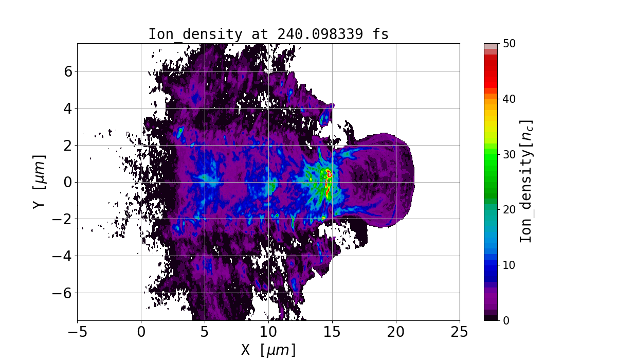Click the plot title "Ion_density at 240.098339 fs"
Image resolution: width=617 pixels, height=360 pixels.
268,34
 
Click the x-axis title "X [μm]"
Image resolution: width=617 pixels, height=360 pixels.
268,350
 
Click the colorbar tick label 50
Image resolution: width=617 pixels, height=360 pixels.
509,44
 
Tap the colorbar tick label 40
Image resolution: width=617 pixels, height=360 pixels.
509,99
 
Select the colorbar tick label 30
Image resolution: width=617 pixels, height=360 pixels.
509,154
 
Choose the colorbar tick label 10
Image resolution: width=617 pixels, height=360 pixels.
509,265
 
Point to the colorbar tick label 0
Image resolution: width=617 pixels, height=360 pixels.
506,320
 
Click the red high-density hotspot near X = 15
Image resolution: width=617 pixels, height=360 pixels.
328,191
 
